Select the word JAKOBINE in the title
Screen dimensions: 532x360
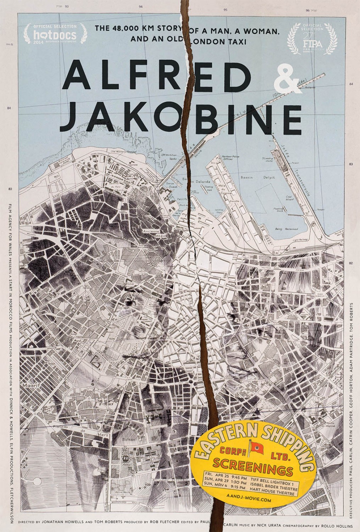pos(181,115)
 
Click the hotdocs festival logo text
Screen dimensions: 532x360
pos(55,35)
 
